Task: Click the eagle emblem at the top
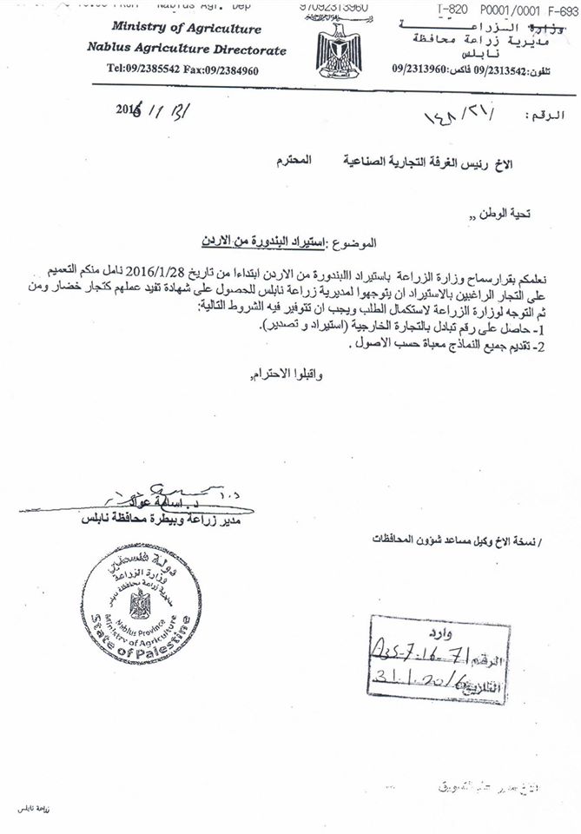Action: [x=334, y=48]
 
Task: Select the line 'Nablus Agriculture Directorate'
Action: [x=186, y=50]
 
